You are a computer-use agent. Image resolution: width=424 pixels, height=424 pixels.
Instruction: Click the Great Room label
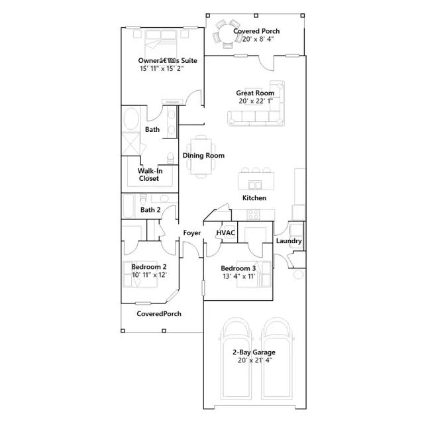coord(255,93)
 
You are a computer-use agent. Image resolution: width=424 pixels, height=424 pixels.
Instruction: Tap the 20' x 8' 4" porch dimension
coord(258,39)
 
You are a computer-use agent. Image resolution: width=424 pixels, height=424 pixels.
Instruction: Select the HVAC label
coord(225,233)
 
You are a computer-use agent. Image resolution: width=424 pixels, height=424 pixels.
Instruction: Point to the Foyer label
coord(192,233)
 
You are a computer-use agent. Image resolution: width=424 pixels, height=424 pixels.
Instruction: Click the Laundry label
coord(289,241)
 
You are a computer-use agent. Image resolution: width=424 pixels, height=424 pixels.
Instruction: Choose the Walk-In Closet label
coord(150,175)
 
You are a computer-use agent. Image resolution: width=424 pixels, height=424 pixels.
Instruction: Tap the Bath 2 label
coord(150,210)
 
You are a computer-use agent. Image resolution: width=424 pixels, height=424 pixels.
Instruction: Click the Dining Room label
coord(203,156)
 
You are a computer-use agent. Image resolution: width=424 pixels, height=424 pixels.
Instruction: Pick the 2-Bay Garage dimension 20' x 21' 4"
coord(255,360)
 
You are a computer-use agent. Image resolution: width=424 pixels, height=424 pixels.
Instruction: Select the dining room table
coord(201,156)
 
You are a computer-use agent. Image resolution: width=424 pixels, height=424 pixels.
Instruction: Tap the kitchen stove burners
coord(254,215)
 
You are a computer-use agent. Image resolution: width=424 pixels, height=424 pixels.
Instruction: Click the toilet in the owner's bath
coord(170,158)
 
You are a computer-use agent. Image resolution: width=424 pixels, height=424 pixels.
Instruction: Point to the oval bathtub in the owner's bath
coord(131,119)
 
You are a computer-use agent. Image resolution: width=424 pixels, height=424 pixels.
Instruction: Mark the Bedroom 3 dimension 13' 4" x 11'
coord(239,276)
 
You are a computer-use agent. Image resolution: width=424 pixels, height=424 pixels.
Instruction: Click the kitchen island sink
coord(255,185)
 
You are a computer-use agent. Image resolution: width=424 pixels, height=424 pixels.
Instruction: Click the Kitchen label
coord(254,198)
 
